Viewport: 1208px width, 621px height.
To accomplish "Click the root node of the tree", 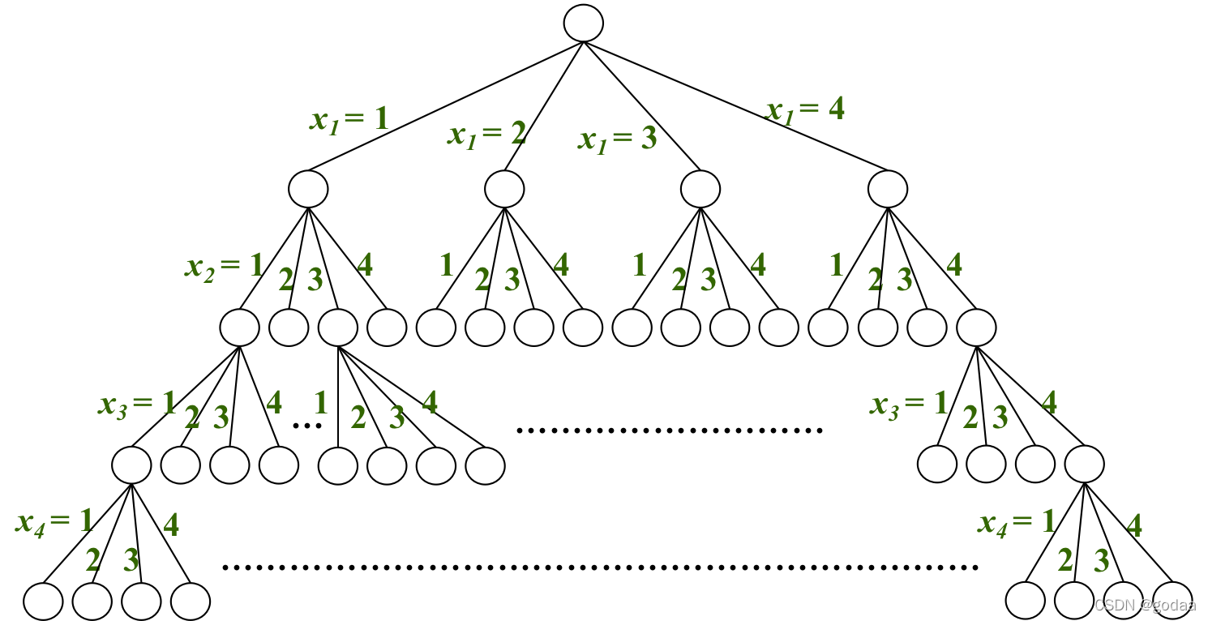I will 584,23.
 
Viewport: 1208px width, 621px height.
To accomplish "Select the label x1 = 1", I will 349,120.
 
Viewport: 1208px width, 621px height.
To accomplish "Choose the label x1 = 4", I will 805,109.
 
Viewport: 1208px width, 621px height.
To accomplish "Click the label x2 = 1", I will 224,266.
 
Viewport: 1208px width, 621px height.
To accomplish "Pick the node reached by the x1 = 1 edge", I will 308,189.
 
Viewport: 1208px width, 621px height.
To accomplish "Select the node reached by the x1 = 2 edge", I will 505,189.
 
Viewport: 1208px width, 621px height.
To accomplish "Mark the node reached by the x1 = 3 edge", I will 700,189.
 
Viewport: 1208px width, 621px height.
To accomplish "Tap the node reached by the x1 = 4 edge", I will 888,189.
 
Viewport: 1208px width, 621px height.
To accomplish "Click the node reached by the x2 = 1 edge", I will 239,327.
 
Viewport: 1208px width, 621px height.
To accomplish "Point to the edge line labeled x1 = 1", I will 446,106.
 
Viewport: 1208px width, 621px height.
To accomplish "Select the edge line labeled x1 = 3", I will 640,105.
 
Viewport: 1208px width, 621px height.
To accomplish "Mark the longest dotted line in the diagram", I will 600,567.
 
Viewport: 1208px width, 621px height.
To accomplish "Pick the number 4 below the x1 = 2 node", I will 560,266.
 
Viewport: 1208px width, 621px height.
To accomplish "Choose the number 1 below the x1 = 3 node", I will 640,265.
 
